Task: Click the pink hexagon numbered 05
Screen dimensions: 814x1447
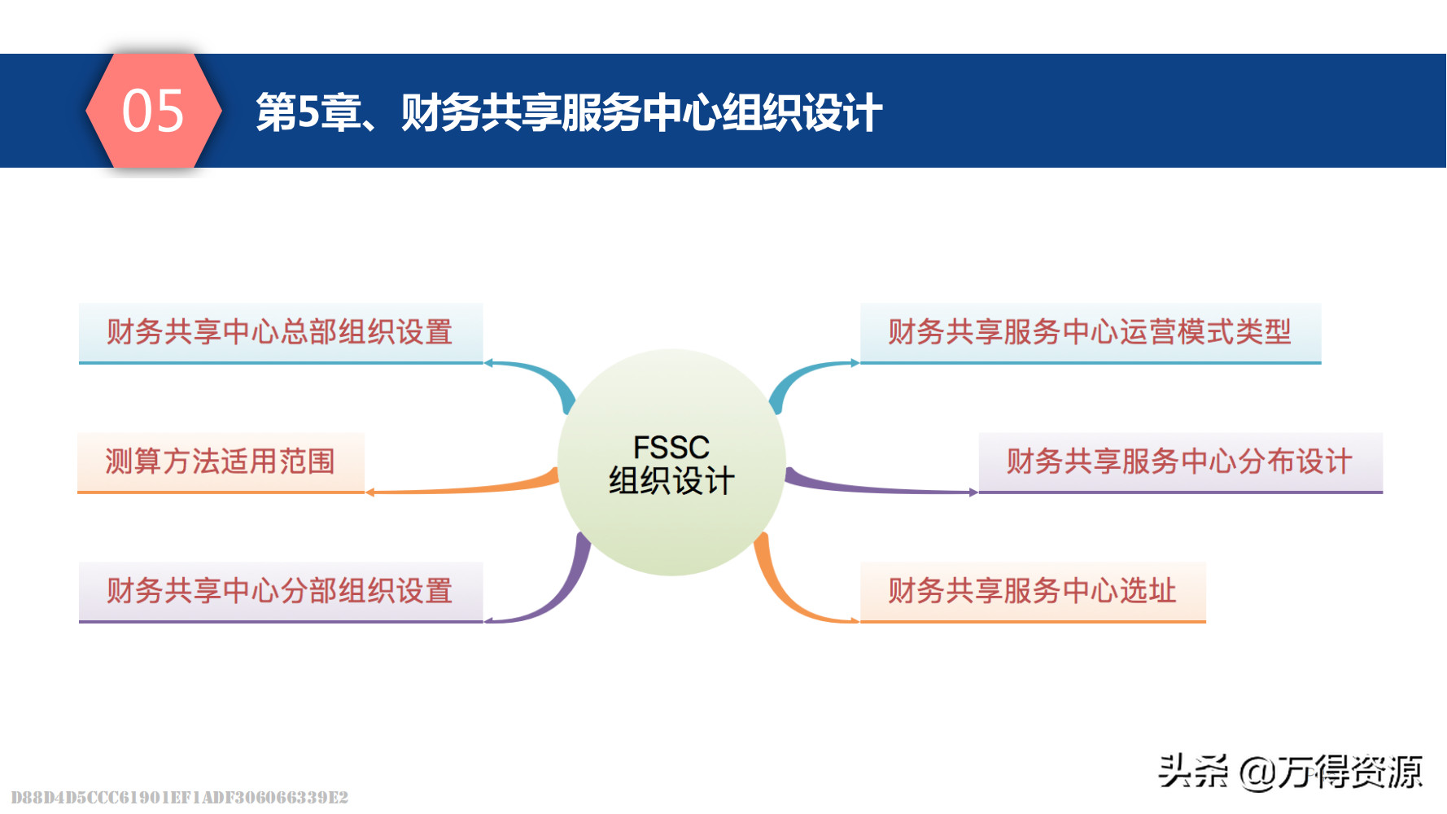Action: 153,111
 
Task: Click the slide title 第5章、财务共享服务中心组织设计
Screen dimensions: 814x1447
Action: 568,112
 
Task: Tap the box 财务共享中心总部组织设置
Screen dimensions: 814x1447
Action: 280,332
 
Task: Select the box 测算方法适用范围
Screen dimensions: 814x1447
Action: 221,462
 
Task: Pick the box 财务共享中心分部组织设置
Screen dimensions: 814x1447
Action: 280,591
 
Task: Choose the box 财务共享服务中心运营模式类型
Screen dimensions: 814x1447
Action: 1090,332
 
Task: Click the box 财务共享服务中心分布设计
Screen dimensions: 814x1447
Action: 1179,462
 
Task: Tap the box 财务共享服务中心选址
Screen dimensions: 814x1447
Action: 1032,591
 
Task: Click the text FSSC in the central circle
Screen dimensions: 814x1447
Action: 671,447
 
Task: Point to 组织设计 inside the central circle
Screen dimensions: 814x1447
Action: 671,481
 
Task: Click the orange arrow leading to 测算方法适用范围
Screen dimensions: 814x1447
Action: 464,488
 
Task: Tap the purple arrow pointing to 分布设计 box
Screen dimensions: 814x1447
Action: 879,488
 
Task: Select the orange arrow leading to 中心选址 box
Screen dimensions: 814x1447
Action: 789,598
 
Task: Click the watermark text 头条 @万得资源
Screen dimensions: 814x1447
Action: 1290,771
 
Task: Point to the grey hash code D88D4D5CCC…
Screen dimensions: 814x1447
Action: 179,797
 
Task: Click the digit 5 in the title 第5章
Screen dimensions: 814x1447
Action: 308,112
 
